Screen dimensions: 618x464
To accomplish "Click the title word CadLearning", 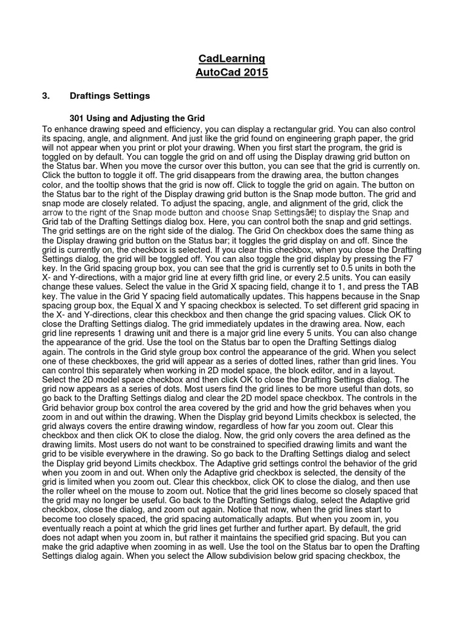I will click(x=231, y=59).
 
